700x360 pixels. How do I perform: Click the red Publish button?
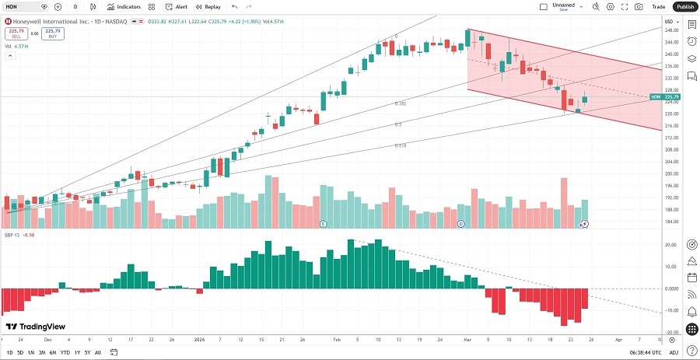click(684, 6)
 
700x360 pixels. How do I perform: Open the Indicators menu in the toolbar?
click(124, 6)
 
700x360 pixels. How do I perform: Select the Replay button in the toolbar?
click(207, 6)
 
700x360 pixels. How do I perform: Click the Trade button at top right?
click(658, 6)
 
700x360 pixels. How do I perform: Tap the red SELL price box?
click(16, 33)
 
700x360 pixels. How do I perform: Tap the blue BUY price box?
click(52, 33)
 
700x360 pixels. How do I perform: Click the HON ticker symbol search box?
click(22, 6)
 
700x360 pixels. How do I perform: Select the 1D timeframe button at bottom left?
click(9, 353)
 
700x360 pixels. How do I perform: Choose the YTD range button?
click(65, 353)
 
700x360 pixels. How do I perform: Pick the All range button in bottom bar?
click(100, 353)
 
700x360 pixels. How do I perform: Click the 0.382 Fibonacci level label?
click(401, 103)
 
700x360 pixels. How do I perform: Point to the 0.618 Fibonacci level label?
click(401, 145)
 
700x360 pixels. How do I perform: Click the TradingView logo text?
click(35, 327)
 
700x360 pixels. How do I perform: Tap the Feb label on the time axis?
click(337, 340)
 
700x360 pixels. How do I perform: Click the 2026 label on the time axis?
click(200, 340)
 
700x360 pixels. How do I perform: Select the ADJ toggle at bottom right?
click(674, 353)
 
